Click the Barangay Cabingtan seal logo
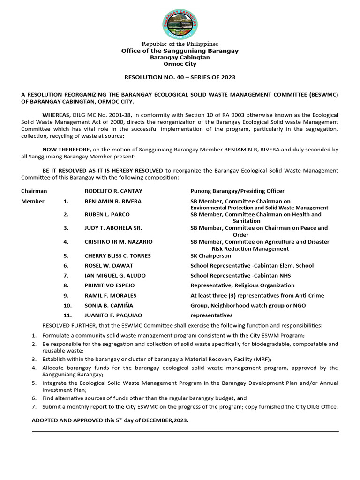coord(180,24)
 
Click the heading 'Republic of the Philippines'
coord(180,44)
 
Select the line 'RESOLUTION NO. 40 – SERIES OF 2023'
coord(180,77)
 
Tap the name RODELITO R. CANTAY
coord(113,191)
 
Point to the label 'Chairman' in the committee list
coord(34,191)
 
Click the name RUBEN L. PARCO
coord(107,214)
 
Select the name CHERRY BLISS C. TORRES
coord(118,256)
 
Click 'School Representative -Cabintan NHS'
coord(241,275)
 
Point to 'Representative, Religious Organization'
coord(242,285)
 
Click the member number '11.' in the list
coord(67,315)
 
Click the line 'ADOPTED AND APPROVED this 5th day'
coord(110,420)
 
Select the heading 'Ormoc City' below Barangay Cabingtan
coord(180,64)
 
